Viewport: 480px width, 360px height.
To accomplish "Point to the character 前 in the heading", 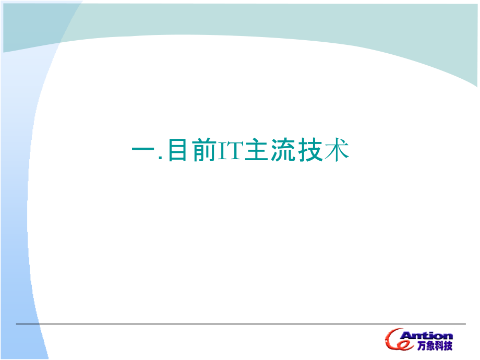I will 203,151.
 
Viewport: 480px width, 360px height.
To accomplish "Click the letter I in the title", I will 221,151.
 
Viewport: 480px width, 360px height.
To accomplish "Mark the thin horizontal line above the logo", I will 240,324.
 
